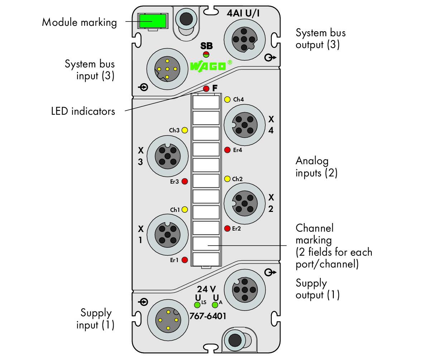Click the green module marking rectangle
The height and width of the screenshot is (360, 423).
[153, 21]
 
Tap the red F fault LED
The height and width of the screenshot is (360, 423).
[206, 88]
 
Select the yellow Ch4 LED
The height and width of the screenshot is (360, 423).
[227, 99]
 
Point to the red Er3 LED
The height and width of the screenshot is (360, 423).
[185, 181]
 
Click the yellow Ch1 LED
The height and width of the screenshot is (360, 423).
[185, 209]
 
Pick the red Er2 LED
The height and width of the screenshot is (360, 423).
[227, 228]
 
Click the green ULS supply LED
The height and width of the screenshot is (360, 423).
[197, 305]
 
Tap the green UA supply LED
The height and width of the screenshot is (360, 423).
[215, 305]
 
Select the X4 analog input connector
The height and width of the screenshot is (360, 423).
[244, 125]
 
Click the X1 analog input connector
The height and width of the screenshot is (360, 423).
[168, 235]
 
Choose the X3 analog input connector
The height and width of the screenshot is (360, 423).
[168, 156]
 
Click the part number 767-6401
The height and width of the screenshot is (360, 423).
[208, 316]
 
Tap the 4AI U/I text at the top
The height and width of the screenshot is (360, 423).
[243, 13]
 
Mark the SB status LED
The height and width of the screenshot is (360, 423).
[206, 55]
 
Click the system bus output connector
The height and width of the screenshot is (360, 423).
[244, 39]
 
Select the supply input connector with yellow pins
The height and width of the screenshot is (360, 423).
[168, 320]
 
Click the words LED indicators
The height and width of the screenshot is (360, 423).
[83, 111]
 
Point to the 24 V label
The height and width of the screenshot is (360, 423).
[206, 289]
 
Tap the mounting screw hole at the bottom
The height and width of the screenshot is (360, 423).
[235, 340]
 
